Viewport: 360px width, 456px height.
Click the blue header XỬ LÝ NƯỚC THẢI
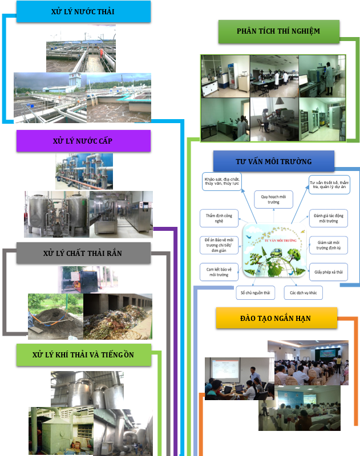(x=83, y=12)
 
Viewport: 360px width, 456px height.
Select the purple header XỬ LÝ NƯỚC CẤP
(x=83, y=141)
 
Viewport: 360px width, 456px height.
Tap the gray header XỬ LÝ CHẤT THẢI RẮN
(x=83, y=253)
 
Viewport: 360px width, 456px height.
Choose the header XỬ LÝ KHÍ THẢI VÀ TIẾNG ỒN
(x=83, y=355)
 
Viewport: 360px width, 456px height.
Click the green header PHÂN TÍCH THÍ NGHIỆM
(x=278, y=31)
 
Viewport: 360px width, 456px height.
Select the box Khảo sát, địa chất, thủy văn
(x=222, y=182)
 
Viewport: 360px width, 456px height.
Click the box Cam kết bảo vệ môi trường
(x=218, y=271)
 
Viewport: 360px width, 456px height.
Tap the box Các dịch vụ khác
(x=303, y=293)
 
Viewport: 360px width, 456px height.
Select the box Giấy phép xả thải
(x=328, y=272)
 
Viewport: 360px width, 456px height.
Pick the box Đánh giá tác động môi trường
(x=328, y=218)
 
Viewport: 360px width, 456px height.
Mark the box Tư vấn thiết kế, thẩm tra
(x=328, y=185)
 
